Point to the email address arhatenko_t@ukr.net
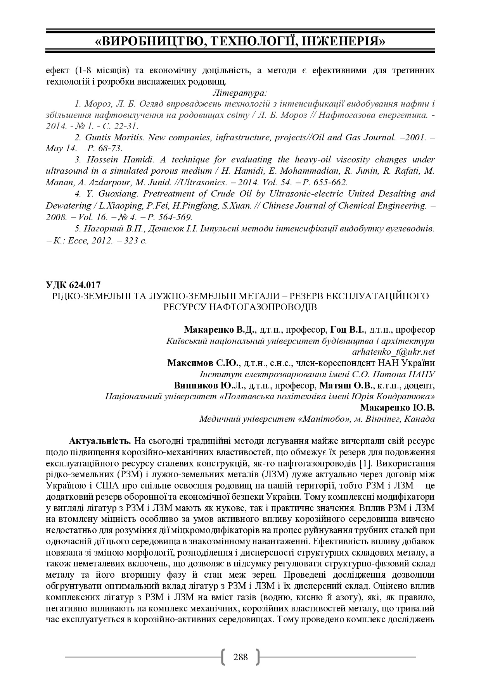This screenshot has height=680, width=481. click(x=393, y=352)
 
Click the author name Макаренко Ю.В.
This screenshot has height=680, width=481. click(x=397, y=408)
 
